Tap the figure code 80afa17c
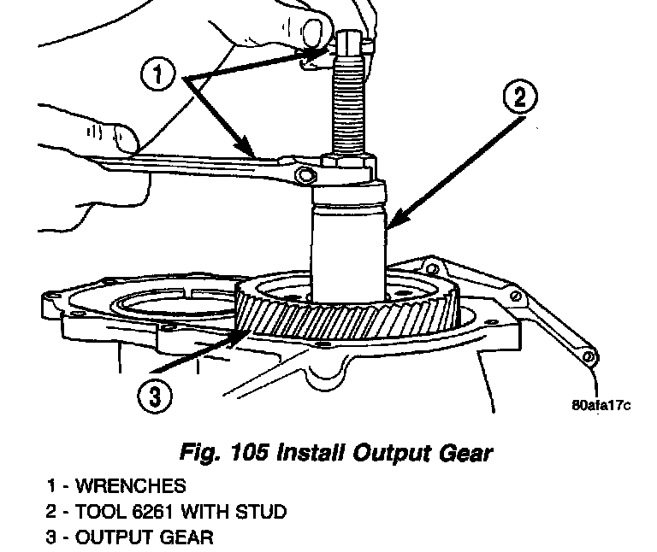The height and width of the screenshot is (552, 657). [601, 404]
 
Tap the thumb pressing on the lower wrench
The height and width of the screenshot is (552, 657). [120, 137]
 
